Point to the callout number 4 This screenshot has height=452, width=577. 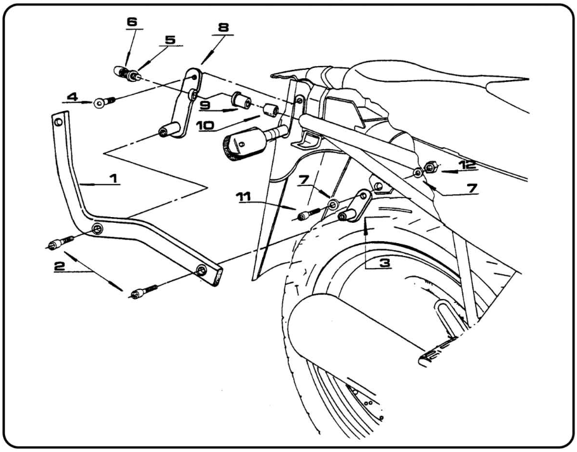(x=72, y=98)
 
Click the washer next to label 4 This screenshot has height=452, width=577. (x=100, y=103)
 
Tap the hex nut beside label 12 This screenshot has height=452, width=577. (x=430, y=168)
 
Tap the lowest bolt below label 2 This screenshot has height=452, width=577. (x=142, y=292)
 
